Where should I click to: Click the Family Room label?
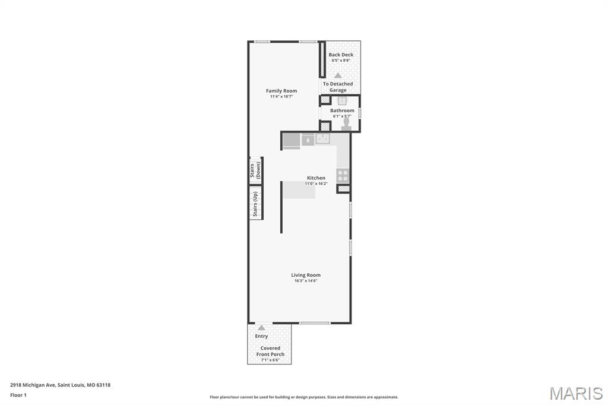point(281,91)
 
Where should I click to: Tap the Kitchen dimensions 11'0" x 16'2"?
point(316,183)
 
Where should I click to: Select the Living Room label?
point(306,275)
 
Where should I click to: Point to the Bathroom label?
point(342,110)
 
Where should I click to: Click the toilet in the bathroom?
point(346,122)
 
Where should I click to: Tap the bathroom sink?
point(342,101)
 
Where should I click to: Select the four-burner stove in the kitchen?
point(343,175)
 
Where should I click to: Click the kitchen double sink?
point(322,138)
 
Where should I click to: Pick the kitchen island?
point(299,190)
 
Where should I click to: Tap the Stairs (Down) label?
point(255,170)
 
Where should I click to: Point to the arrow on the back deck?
point(338,75)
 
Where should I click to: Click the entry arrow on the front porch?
point(261,327)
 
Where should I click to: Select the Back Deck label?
point(341,55)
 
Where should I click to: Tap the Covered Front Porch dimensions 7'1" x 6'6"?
point(270,360)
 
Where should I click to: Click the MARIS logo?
point(576,393)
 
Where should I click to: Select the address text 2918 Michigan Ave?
point(33,385)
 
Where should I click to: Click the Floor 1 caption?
point(18,395)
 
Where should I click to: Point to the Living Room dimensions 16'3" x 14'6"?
point(306,280)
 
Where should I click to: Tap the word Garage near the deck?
point(338,90)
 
